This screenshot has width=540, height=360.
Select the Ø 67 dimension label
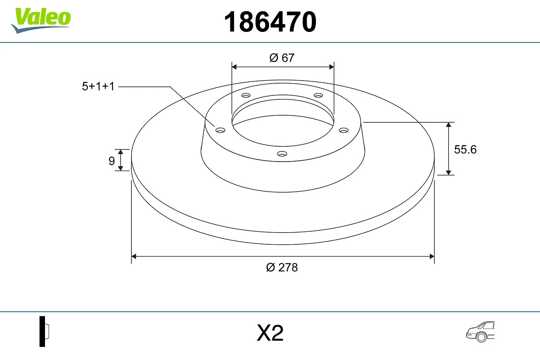click(282, 58)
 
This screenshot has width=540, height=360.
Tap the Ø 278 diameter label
click(282, 267)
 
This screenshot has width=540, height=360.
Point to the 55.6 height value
click(465, 149)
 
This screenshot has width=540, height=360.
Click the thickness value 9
click(112, 161)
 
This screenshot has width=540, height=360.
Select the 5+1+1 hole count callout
click(98, 86)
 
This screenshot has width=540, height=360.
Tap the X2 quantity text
click(270, 333)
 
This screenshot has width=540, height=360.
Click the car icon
click(480, 332)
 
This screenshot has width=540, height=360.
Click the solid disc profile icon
click(44, 331)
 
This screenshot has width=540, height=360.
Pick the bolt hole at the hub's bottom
click(282, 154)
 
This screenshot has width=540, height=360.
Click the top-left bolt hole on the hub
click(246, 95)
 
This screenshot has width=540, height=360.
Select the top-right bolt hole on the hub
click(319, 95)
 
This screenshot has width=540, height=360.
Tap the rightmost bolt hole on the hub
click(344, 130)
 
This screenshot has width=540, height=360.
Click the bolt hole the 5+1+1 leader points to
click(220, 130)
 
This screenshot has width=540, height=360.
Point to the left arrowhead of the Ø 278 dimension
click(134, 256)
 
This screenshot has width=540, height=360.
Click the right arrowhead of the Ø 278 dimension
click(432, 256)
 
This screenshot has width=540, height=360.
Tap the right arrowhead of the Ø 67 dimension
click(332, 67)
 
